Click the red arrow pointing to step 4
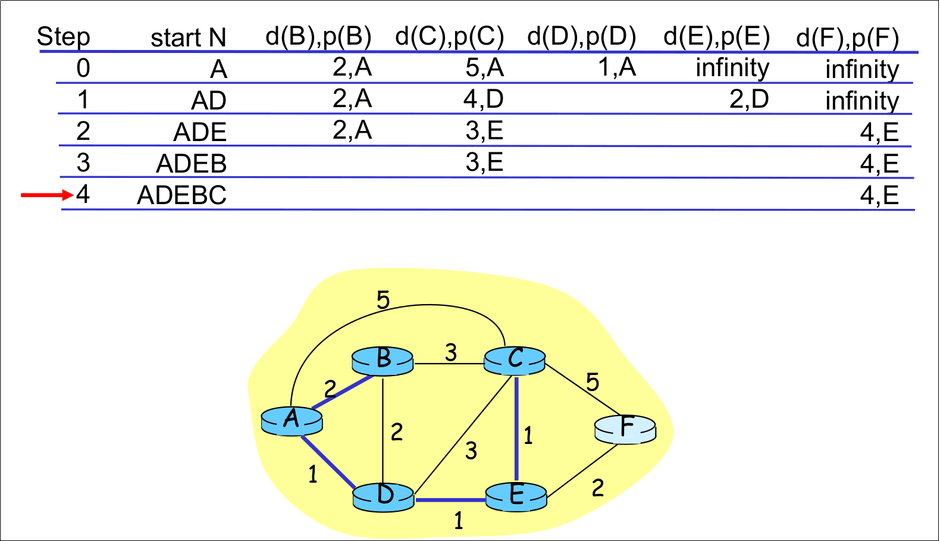46,195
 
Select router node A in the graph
292,421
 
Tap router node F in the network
625,429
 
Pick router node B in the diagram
383,361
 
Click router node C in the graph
515,360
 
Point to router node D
383,496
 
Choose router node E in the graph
516,496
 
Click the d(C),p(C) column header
449,37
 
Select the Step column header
64,37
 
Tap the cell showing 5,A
484,68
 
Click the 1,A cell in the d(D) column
617,67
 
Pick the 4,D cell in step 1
483,99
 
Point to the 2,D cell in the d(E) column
749,99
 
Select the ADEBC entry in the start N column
181,195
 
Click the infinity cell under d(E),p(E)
732,68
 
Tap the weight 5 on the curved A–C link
383,300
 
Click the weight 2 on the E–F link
598,488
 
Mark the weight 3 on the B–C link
451,352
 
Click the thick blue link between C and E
516,429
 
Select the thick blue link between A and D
328,462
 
